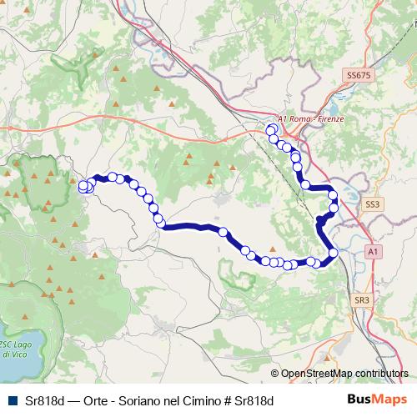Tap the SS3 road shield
coord(372,203)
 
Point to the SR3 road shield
coord(361,299)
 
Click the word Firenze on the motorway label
coord(329,119)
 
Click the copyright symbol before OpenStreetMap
coord(275,374)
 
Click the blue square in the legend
coord(11,400)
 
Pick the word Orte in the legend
coord(86,400)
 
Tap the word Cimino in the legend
coord(196,400)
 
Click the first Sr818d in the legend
coord(42,400)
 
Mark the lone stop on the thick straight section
coord(224,233)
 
